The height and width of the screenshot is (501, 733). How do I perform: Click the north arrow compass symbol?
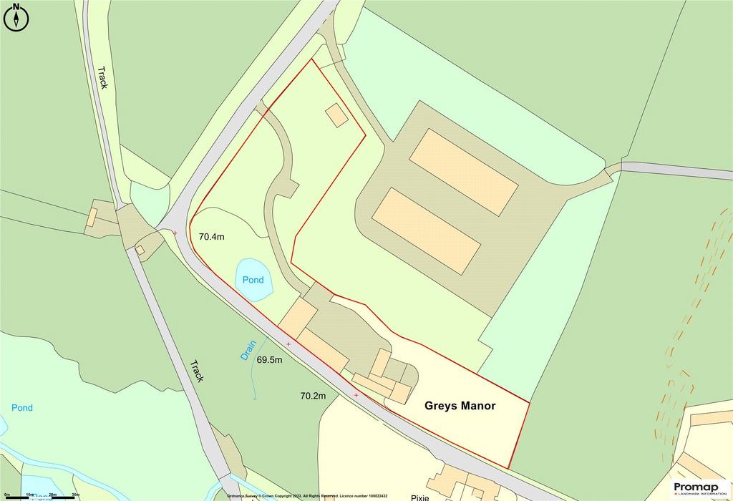click(16, 17)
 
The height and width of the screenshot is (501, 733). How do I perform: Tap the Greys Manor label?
click(460, 405)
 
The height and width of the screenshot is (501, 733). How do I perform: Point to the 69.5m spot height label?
click(270, 360)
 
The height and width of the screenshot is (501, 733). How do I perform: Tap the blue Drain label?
click(247, 350)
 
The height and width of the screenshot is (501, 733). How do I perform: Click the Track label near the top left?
click(102, 77)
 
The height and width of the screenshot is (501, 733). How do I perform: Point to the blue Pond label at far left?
click(21, 408)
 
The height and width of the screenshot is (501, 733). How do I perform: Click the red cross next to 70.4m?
click(175, 233)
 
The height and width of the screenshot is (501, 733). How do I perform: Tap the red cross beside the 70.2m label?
click(356, 395)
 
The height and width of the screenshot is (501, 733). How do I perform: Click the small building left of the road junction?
click(93, 217)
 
